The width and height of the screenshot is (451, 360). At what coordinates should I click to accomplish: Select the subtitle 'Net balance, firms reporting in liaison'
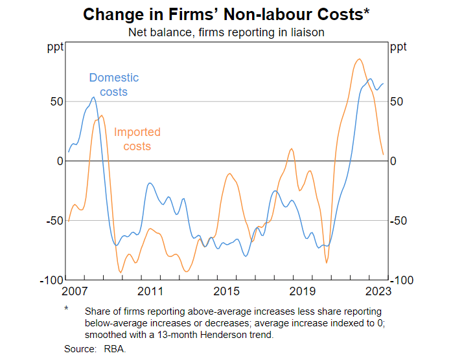pyautogui.click(x=225, y=31)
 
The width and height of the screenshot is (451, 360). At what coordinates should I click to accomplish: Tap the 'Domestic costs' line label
pyautogui.click(x=114, y=85)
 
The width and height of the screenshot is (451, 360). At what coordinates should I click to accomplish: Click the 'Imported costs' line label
pyautogui.click(x=137, y=139)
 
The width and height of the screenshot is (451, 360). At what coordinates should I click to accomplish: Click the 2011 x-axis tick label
pyautogui.click(x=150, y=291)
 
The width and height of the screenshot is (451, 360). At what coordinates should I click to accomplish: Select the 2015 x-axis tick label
pyautogui.click(x=226, y=291)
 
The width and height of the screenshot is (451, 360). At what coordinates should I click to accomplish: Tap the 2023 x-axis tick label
pyautogui.click(x=376, y=291)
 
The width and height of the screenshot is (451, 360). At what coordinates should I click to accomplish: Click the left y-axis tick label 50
pyautogui.click(x=56, y=102)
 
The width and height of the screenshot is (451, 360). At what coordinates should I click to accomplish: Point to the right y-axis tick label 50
pyautogui.click(x=397, y=102)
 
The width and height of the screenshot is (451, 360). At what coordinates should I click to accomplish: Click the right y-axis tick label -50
pyautogui.click(x=399, y=221)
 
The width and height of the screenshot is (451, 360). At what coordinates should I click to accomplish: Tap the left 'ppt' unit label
pyautogui.click(x=54, y=47)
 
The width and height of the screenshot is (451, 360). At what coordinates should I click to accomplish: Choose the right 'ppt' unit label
pyautogui.click(x=399, y=47)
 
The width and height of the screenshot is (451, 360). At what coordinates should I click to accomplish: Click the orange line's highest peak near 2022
pyautogui.click(x=359, y=60)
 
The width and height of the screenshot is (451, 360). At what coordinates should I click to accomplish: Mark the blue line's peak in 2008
pyautogui.click(x=93, y=98)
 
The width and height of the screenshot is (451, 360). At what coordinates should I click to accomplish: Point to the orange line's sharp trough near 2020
pyautogui.click(x=326, y=262)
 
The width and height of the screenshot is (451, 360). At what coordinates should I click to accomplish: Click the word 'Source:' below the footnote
pyautogui.click(x=78, y=348)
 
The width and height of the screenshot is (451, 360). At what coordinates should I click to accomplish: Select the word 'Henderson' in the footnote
pyautogui.click(x=205, y=335)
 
